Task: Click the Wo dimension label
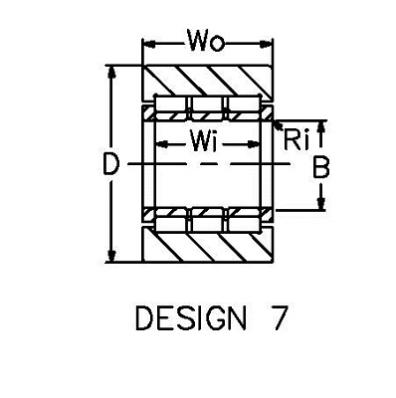206,41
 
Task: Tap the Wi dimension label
203,140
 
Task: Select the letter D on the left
110,164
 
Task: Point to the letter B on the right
321,167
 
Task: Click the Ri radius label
297,140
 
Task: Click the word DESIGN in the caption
191,318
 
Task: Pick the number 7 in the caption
278,318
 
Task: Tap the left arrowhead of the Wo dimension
148,44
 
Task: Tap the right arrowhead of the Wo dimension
266,44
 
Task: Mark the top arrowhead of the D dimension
111,73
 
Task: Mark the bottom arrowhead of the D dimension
111,256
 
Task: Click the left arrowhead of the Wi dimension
162,144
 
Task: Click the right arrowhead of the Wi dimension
253,144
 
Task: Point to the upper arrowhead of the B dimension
321,127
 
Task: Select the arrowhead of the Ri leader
278,125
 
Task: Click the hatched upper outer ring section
207,82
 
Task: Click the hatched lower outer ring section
207,245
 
